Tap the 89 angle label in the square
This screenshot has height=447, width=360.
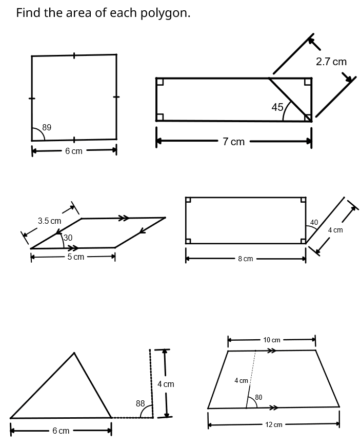(x=47, y=127)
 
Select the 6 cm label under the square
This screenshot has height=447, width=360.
(x=73, y=151)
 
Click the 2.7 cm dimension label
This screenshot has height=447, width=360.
(x=331, y=62)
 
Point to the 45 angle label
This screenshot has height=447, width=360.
(x=277, y=107)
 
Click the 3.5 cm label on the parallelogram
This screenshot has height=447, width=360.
(x=49, y=221)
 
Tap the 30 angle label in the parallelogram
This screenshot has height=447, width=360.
(x=68, y=238)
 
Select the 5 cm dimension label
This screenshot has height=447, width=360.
(x=75, y=257)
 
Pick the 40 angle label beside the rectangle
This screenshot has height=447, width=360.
(x=314, y=222)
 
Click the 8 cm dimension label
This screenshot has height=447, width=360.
(x=245, y=259)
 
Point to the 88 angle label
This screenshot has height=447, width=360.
(x=140, y=403)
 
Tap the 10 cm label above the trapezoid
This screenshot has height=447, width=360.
(x=272, y=340)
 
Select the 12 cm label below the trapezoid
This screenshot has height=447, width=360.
(x=273, y=424)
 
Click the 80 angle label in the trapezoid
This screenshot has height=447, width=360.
(x=258, y=397)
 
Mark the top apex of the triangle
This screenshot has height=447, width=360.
(x=74, y=353)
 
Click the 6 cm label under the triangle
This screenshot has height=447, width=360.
(x=61, y=431)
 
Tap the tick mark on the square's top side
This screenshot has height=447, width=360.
(x=74, y=55)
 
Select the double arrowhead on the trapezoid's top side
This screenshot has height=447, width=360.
(x=272, y=351)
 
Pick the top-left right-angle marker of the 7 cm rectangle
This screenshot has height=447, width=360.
(x=160, y=82)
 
